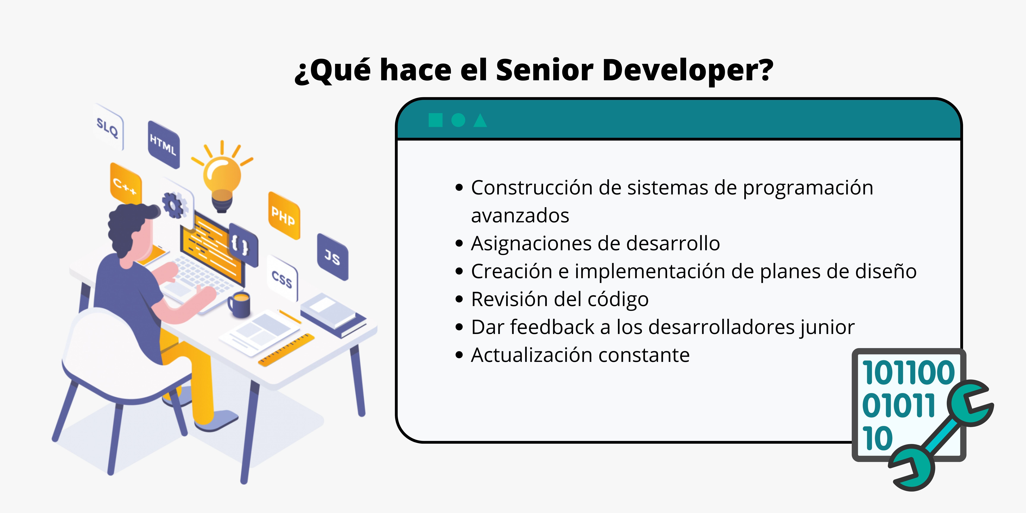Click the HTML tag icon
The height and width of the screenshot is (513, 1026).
[163, 144]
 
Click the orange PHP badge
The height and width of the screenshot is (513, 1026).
[284, 216]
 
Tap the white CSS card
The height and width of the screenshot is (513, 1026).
[282, 279]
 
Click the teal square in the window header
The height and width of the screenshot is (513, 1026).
[435, 120]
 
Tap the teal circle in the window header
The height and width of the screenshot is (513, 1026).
[458, 120]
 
